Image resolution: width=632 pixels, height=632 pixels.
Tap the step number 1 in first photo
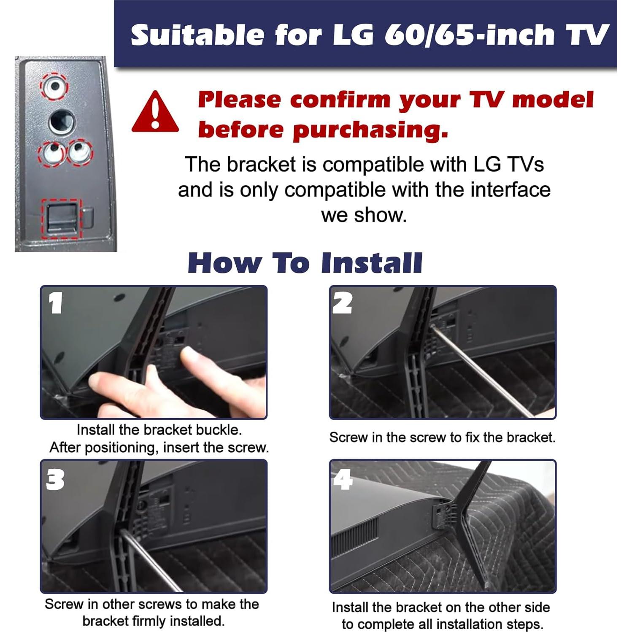[x=56, y=303]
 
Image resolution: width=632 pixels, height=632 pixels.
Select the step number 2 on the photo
[x=342, y=303]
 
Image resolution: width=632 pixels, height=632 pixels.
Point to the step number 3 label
[x=55, y=480]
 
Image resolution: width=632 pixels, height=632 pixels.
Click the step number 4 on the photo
[x=343, y=480]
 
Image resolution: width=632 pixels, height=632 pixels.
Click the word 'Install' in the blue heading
[x=371, y=263]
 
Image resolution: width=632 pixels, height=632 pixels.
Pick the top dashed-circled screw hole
[x=54, y=86]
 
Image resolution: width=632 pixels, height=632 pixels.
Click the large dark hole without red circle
[x=62, y=122]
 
